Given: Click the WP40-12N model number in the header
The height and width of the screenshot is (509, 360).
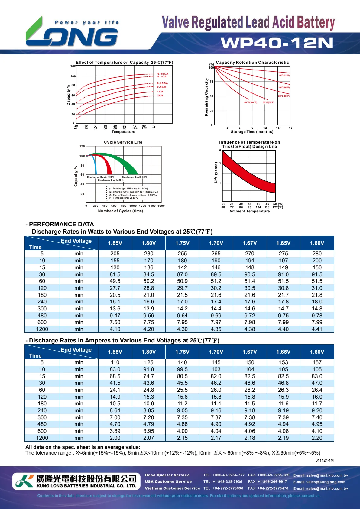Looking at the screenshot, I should (x=277, y=43).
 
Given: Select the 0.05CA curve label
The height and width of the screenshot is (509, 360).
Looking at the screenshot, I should (x=163, y=74).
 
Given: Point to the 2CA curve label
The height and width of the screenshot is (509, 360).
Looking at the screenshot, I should (x=160, y=96).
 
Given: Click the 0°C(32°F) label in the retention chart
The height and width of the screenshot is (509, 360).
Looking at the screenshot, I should (x=284, y=76).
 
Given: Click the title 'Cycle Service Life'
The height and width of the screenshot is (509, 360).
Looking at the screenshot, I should (x=123, y=142).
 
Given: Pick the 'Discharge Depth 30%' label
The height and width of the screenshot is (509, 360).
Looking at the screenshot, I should (x=134, y=177).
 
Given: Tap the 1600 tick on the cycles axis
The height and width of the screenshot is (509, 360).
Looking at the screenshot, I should (x=161, y=206).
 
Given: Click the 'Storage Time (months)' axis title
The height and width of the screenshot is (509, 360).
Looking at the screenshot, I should (x=252, y=132).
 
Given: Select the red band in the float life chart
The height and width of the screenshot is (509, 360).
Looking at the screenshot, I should (x=248, y=174).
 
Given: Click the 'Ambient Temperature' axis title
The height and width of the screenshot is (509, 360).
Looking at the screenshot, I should (x=249, y=211).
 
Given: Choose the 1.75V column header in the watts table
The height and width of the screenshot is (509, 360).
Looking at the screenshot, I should (x=182, y=243).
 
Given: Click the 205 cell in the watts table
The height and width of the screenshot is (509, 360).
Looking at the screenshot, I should (x=115, y=254).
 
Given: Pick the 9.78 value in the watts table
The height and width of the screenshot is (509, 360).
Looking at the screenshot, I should (x=317, y=316).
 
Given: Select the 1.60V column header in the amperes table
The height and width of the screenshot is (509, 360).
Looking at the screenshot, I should (x=317, y=352).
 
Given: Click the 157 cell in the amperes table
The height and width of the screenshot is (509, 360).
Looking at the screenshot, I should (x=317, y=362).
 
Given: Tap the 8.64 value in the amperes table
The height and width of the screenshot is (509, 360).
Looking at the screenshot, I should (x=115, y=410).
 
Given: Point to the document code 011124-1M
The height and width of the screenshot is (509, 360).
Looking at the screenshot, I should (x=324, y=460).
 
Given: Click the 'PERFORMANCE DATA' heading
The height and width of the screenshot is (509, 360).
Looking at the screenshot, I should (x=61, y=224).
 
